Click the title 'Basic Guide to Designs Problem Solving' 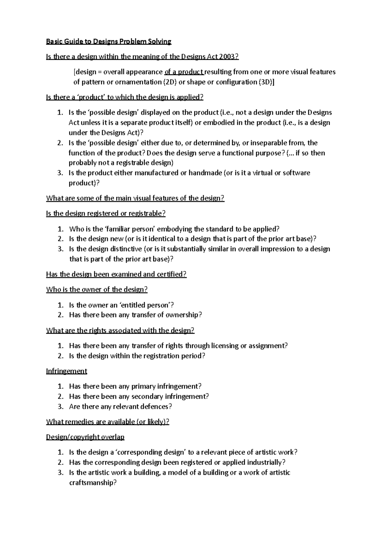tap(109, 42)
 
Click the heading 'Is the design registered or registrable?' tap(106, 214)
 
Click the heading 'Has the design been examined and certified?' tap(116, 274)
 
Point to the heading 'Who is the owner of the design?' tap(97, 289)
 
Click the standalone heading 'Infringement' tap(67, 371)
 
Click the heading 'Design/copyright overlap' tap(85, 437)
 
